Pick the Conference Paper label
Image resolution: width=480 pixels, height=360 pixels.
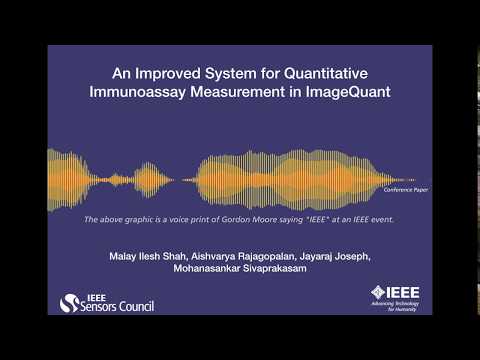[x=404, y=188]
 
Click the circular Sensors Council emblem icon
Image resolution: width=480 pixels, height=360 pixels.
[x=69, y=302]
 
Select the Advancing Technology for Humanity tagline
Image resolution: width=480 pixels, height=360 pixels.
[x=399, y=308]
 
